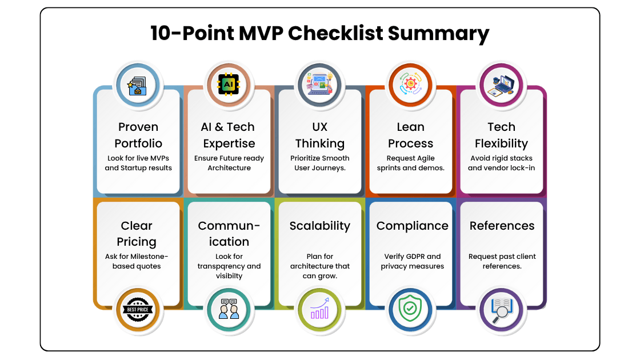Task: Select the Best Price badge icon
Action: (x=138, y=311)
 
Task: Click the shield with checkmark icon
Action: (x=410, y=311)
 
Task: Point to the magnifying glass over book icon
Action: (x=501, y=311)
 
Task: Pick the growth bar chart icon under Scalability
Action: (x=319, y=311)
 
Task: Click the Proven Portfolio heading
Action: (x=138, y=135)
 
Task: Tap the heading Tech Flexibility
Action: (x=501, y=135)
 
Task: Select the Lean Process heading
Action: (x=410, y=135)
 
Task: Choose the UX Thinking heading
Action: (x=319, y=135)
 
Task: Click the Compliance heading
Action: (x=412, y=226)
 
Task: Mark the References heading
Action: (x=501, y=226)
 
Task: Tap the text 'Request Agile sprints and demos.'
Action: (x=410, y=163)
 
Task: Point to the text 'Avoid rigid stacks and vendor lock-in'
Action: (x=501, y=163)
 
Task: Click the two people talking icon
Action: (x=229, y=311)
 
